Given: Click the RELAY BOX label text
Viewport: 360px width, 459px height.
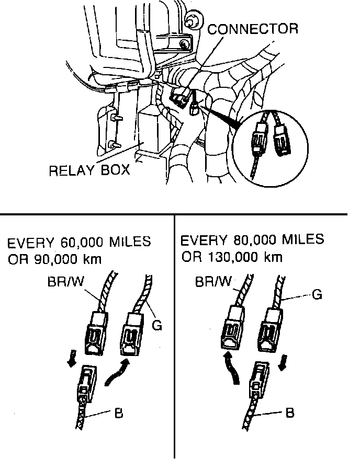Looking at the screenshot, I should (89, 171).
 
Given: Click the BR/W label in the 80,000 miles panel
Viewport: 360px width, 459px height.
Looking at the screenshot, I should (212, 283).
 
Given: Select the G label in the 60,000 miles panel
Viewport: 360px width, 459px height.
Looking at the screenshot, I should (156, 326).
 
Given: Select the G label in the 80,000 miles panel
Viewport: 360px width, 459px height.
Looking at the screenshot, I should (317, 295).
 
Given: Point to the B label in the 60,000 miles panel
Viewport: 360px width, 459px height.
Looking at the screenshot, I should (118, 414).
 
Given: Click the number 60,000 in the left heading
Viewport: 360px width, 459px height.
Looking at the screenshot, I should (77, 243).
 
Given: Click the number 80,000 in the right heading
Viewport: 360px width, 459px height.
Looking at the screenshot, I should (251, 240).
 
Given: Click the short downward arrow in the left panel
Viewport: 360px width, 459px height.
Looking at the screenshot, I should (72, 360).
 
